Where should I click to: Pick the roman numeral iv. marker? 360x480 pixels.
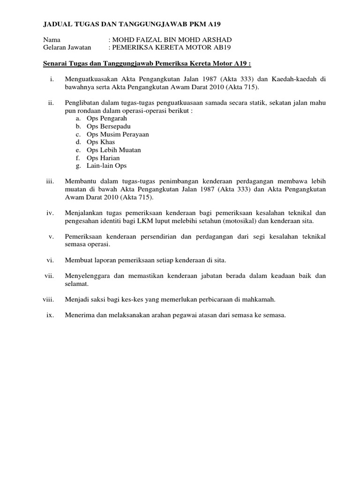point(52,212)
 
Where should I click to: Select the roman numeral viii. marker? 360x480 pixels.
point(48,299)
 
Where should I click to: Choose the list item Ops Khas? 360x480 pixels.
point(101,142)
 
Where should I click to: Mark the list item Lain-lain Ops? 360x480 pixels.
point(106,165)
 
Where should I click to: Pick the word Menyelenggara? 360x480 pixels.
point(89,276)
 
